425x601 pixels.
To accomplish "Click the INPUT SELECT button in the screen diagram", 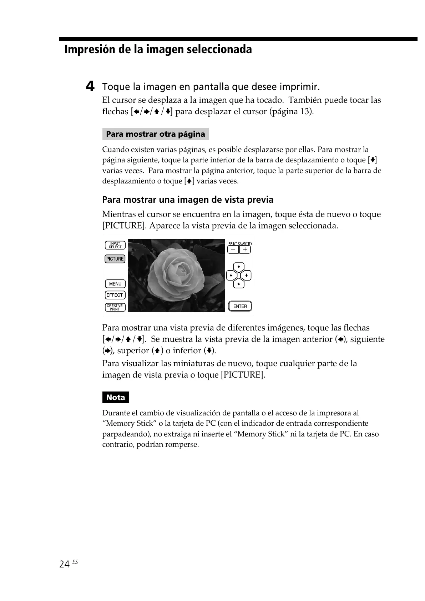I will (115, 245).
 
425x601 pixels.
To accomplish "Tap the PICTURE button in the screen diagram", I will (115, 259).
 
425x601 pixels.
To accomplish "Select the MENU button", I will (115, 284).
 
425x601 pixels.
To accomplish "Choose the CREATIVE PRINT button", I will (115, 307).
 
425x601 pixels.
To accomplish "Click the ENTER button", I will (240, 306).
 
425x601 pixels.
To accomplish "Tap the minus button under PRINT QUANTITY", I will (233, 249).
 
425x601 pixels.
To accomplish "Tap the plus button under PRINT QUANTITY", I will (245, 249).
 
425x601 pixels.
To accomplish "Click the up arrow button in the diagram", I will (239, 267).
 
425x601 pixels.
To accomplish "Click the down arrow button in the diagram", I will (239, 284).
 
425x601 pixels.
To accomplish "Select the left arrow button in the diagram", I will (231, 276).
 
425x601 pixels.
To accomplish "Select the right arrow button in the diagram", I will (247, 276).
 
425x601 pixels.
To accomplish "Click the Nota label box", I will (116, 398).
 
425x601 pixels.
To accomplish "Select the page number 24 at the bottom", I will (65, 564).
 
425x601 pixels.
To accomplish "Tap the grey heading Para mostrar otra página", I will (156, 134).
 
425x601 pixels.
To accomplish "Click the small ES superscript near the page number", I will (75, 562).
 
